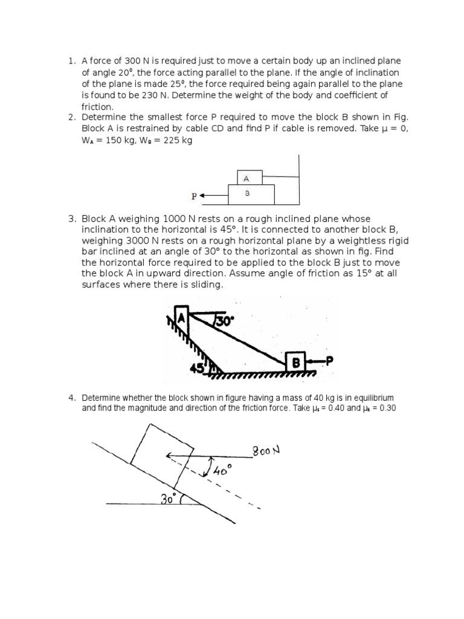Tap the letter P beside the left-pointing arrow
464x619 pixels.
194,196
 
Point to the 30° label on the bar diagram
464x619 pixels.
224,322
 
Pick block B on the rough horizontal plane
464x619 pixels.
296,363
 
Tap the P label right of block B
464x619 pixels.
329,361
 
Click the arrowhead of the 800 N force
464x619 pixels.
170,458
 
